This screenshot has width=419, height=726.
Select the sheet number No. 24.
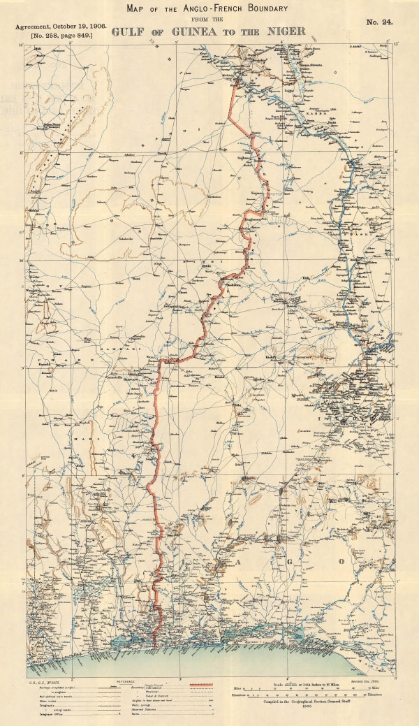pos(379,22)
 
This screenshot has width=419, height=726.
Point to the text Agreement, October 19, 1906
pos(60,25)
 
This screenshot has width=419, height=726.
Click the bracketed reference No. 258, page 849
pos(60,34)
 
